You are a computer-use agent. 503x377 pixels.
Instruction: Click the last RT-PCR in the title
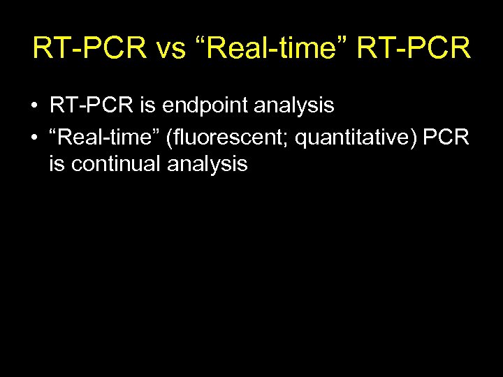tap(414, 49)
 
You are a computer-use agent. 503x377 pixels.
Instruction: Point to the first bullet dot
tap(34, 107)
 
